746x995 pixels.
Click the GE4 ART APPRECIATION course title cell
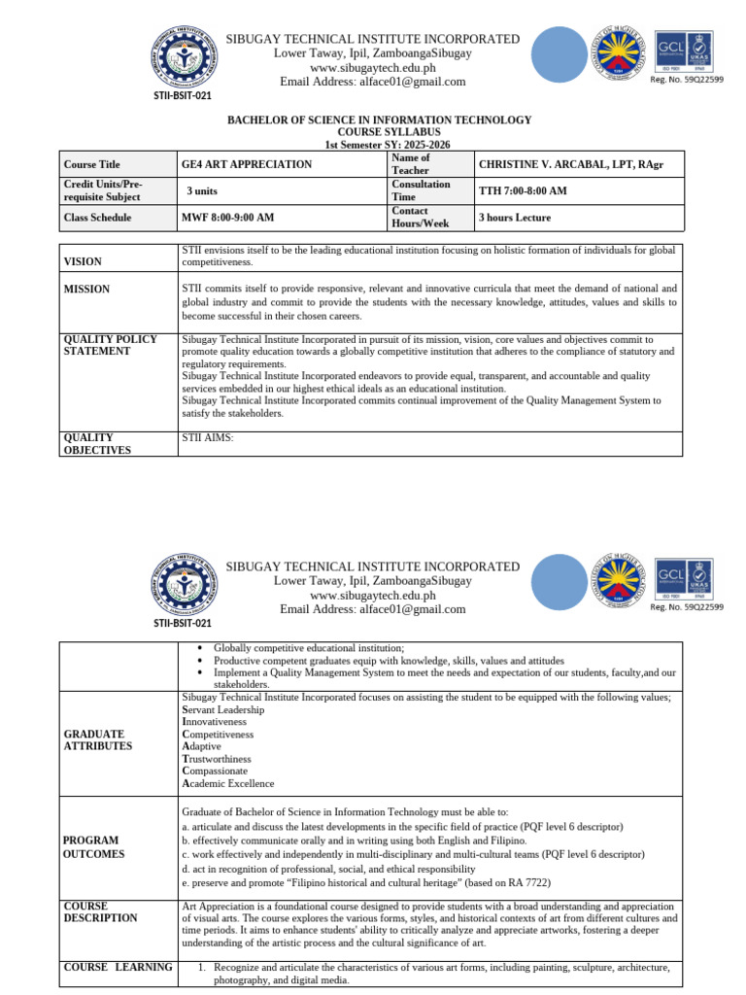click(x=246, y=164)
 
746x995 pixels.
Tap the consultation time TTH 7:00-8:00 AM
click(x=523, y=190)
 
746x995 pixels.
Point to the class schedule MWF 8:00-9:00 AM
click(x=227, y=218)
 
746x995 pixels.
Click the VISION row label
click(x=82, y=261)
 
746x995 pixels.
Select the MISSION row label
click(x=86, y=289)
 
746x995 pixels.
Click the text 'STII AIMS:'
click(x=208, y=437)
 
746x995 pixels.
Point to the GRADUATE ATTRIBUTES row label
click(x=93, y=739)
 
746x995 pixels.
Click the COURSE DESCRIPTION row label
click(x=100, y=911)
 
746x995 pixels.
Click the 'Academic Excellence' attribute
click(x=228, y=783)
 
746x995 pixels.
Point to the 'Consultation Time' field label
click(x=421, y=190)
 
